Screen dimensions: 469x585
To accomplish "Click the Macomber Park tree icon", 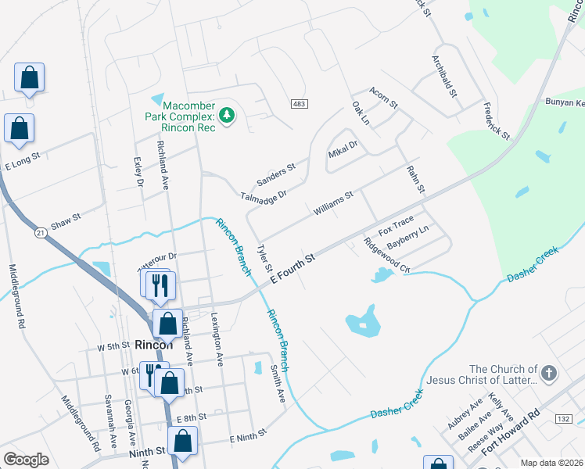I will tap(227, 116).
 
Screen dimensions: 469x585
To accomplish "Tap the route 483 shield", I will tap(299, 104).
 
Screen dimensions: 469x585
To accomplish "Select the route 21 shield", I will tap(41, 233).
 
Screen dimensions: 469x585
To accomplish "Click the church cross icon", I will tap(549, 374).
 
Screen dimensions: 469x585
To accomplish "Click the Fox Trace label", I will tap(395, 227).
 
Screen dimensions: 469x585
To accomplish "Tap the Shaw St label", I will tap(66, 222).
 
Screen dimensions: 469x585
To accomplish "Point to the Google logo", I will tap(26, 460).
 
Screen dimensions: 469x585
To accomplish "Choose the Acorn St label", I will tap(383, 98).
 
